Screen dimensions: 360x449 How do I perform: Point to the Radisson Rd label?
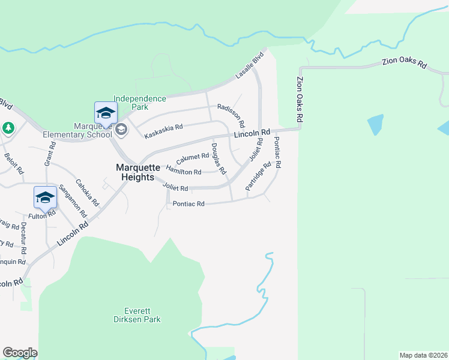(x=231, y=115)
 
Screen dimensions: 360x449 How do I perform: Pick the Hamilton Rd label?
(x=184, y=172)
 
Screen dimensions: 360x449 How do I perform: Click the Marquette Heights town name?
(x=138, y=172)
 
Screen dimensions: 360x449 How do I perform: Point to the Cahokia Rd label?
(x=87, y=193)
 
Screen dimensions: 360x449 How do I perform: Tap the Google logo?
(x=20, y=353)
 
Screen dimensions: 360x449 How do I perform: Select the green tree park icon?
(x=8, y=128)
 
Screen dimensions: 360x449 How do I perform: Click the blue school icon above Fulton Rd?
(x=46, y=197)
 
